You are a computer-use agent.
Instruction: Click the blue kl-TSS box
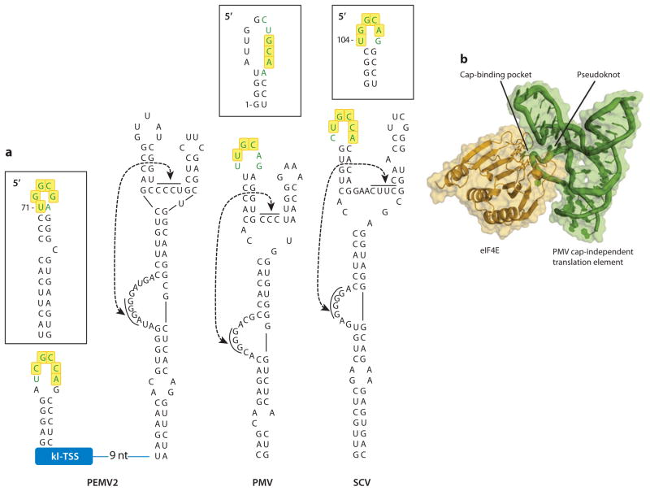tap(64, 456)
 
